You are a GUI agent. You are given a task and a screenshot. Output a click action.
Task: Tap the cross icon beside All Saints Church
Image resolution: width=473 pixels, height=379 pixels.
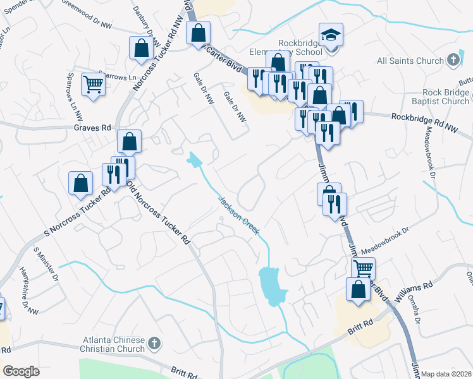(453, 61)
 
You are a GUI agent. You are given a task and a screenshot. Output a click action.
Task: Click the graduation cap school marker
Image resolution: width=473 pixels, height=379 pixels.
(331, 35)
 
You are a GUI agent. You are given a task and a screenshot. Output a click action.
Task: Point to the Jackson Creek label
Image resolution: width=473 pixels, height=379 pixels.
(238, 215)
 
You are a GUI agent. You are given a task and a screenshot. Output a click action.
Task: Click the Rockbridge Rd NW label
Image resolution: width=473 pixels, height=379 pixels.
(423, 117)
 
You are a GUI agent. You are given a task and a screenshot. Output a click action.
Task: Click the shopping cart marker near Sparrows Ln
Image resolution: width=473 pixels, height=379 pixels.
(93, 83)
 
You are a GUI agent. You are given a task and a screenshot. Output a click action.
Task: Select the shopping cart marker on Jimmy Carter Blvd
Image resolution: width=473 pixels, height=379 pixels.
(363, 268)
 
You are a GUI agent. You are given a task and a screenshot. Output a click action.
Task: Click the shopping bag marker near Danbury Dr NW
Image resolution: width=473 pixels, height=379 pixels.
(140, 48)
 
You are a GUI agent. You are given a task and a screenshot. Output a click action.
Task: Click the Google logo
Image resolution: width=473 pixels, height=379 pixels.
(21, 371)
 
